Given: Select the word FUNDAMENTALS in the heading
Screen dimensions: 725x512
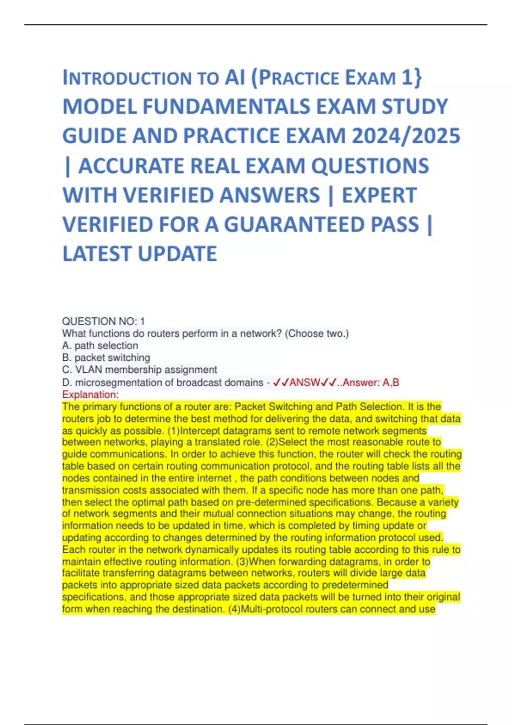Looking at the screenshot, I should coord(227,107).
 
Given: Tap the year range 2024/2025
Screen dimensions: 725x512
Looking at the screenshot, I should coord(406,136).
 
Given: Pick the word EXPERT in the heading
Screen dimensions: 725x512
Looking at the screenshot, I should coord(379,195).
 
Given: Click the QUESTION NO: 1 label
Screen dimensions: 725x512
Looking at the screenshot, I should coord(103,321).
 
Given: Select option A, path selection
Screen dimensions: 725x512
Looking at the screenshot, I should coord(100,345).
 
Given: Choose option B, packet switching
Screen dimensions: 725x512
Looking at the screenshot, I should coord(106,357).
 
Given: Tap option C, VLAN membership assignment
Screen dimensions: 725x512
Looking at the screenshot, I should coord(140,369).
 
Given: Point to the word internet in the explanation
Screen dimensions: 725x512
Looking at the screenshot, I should coord(212,478).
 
